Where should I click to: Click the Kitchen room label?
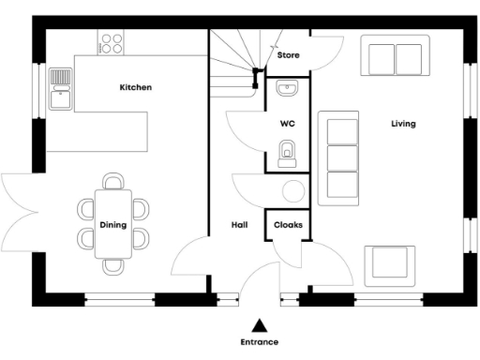pos(135,87)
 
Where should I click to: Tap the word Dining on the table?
pos(113,225)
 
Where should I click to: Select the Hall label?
pos(239,225)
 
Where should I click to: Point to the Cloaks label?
pos(287,225)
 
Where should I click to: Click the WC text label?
pos(288,124)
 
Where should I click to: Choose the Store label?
pos(288,55)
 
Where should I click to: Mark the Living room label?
pos(404,124)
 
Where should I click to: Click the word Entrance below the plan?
pos(260,342)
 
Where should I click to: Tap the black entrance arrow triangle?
pos(260,324)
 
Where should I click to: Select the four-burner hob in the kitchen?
pos(112,42)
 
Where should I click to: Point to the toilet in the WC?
pos(288,151)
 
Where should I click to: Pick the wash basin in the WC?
pos(288,90)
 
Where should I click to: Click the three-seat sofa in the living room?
pos(340,157)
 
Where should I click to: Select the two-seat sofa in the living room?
pos(396,58)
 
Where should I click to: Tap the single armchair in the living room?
pos(389,263)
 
